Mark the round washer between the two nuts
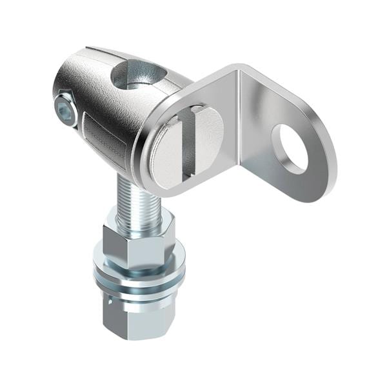[139, 274]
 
